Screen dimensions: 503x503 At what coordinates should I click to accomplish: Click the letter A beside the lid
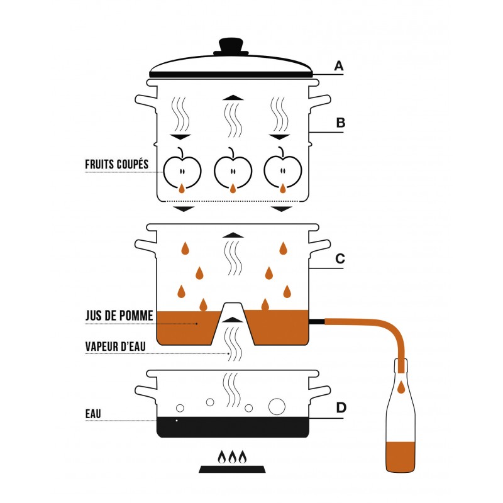pyautogui.click(x=339, y=66)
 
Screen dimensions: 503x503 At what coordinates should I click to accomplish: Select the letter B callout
pyautogui.click(x=340, y=123)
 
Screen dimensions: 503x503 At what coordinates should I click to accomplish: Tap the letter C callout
pyautogui.click(x=340, y=258)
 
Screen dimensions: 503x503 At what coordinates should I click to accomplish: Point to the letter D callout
pyautogui.click(x=341, y=407)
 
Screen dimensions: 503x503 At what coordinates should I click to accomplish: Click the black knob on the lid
pyautogui.click(x=231, y=46)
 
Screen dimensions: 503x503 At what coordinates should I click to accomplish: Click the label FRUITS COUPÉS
pyautogui.click(x=117, y=164)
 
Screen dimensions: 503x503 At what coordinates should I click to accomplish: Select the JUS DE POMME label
pyautogui.click(x=119, y=316)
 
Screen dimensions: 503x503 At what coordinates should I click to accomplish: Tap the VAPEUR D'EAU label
pyautogui.click(x=115, y=346)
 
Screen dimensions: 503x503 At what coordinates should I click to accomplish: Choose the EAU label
pyautogui.click(x=93, y=414)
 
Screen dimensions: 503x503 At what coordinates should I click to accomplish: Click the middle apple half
pyautogui.click(x=233, y=170)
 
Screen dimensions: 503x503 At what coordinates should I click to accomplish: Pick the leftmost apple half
pyautogui.click(x=182, y=170)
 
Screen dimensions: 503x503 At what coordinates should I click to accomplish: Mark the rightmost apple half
pyautogui.click(x=283, y=170)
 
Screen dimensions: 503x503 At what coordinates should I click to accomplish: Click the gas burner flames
pyautogui.click(x=232, y=457)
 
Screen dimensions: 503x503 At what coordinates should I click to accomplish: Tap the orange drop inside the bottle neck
pyautogui.click(x=401, y=388)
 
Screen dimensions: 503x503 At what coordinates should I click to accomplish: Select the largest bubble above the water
pyautogui.click(x=277, y=406)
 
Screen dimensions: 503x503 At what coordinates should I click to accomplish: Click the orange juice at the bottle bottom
pyautogui.click(x=401, y=457)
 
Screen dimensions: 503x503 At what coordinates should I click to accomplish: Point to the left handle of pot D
pyautogui.click(x=146, y=392)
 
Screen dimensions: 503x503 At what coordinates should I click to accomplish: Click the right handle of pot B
pyautogui.click(x=319, y=101)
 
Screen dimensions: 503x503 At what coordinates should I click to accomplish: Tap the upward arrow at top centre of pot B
pyautogui.click(x=233, y=98)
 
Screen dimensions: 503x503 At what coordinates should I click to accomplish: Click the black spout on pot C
pyautogui.click(x=317, y=322)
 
